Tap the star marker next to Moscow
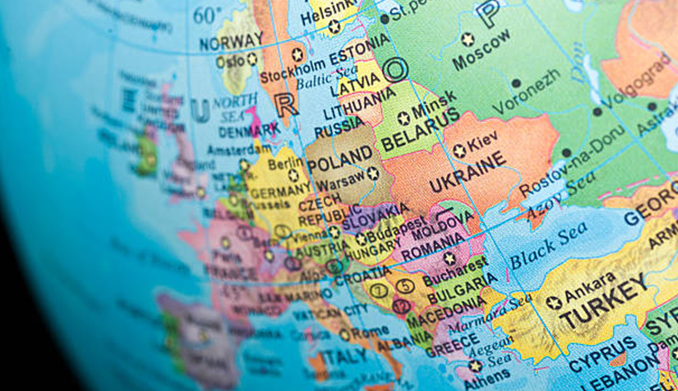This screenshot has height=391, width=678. pyautogui.click(x=468, y=39)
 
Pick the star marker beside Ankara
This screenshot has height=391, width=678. pyautogui.click(x=554, y=302)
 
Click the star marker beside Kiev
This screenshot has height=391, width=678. pyautogui.click(x=459, y=151)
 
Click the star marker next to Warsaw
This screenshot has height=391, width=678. pyautogui.click(x=372, y=173)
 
